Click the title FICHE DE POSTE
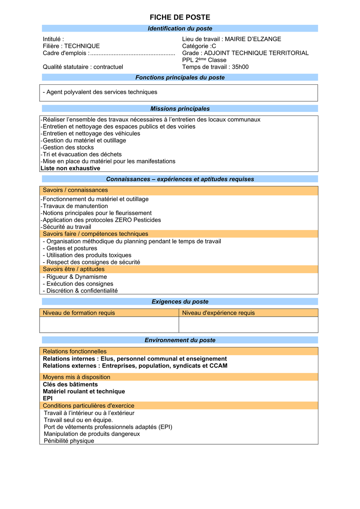pos(180,18)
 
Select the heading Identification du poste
pos(180,29)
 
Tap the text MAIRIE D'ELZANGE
pos(253,39)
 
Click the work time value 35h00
pos(240,67)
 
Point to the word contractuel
pos(108,67)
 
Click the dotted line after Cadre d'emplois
pos(132,53)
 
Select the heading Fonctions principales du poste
pos(180,78)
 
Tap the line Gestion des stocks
pos(68,148)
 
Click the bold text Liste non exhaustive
pos(70,168)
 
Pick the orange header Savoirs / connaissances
pos(75,190)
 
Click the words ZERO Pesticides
pos(138,220)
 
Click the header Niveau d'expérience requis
pos(218,313)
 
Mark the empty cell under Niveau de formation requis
pos(109,325)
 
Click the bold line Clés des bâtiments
pos(70,385)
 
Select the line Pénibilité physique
pos(69,441)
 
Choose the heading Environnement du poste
pos(180,340)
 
